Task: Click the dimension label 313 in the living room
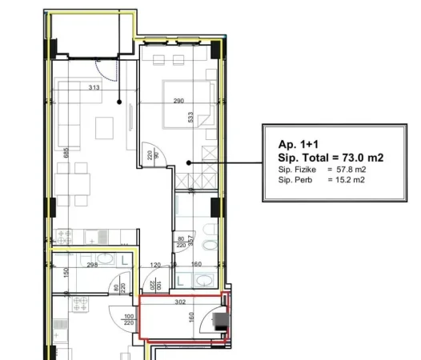pyautogui.click(x=116, y=88)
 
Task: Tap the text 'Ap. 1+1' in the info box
pyautogui.click(x=297, y=144)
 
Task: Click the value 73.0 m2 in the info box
pyautogui.click(x=358, y=158)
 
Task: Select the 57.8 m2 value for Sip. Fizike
pyautogui.click(x=351, y=170)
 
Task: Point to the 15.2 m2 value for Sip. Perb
pyautogui.click(x=351, y=180)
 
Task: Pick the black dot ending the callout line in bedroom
pyautogui.click(x=188, y=162)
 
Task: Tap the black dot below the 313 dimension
pyautogui.click(x=119, y=102)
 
